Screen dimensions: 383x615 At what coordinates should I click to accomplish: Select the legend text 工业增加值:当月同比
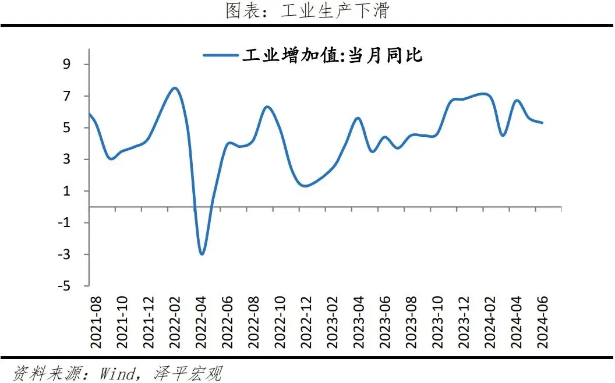(x=332, y=56)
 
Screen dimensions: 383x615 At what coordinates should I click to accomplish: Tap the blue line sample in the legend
(x=221, y=56)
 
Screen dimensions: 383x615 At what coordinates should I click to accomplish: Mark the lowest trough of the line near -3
(x=202, y=254)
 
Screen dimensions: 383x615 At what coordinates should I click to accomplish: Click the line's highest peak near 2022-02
(x=174, y=88)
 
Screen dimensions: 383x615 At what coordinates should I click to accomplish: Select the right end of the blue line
(x=543, y=123)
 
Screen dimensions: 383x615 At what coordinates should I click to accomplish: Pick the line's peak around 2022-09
(x=267, y=107)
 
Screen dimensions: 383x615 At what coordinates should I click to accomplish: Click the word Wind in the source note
(x=117, y=373)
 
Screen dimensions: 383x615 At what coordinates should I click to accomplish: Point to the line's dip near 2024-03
(x=503, y=136)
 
